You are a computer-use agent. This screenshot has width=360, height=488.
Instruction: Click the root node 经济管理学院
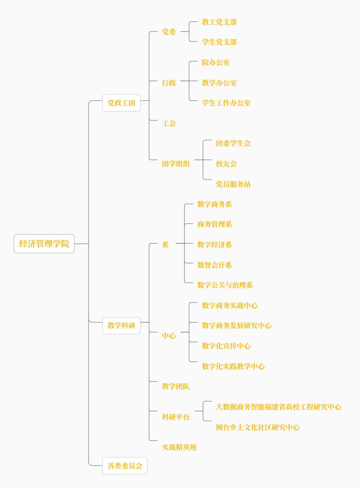tap(44, 243)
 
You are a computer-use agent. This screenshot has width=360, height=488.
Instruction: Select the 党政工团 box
tap(121, 103)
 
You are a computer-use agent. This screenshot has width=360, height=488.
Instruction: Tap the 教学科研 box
tap(121, 325)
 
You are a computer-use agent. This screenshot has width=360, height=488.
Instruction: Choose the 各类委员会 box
tap(125, 466)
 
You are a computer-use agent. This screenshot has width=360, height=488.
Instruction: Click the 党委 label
tap(169, 32)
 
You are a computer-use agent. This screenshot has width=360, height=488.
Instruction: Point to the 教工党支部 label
tap(219, 22)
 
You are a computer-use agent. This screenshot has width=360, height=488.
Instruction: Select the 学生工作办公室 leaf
tap(226, 103)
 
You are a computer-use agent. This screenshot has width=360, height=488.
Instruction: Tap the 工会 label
tap(169, 123)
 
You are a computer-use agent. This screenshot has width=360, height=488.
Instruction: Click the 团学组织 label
tap(176, 164)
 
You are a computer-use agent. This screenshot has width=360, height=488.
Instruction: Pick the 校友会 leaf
tap(226, 164)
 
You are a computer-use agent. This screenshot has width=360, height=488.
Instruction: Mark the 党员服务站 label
tap(233, 184)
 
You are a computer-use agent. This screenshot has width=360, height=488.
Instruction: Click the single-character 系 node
tap(165, 245)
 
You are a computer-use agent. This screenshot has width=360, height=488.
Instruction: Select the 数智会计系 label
tap(214, 265)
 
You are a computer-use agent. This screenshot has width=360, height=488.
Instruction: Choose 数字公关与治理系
tap(225, 285)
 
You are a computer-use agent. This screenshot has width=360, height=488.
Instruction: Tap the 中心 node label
tap(169, 336)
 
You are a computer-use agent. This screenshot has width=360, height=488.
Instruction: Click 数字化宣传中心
tap(226, 346)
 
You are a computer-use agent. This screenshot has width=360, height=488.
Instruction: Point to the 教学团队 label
tap(176, 386)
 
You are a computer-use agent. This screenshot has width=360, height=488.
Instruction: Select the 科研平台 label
tap(176, 417)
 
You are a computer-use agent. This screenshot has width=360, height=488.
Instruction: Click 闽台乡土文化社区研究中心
tap(258, 427)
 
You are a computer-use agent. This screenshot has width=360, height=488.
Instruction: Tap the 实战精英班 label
tap(179, 447)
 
